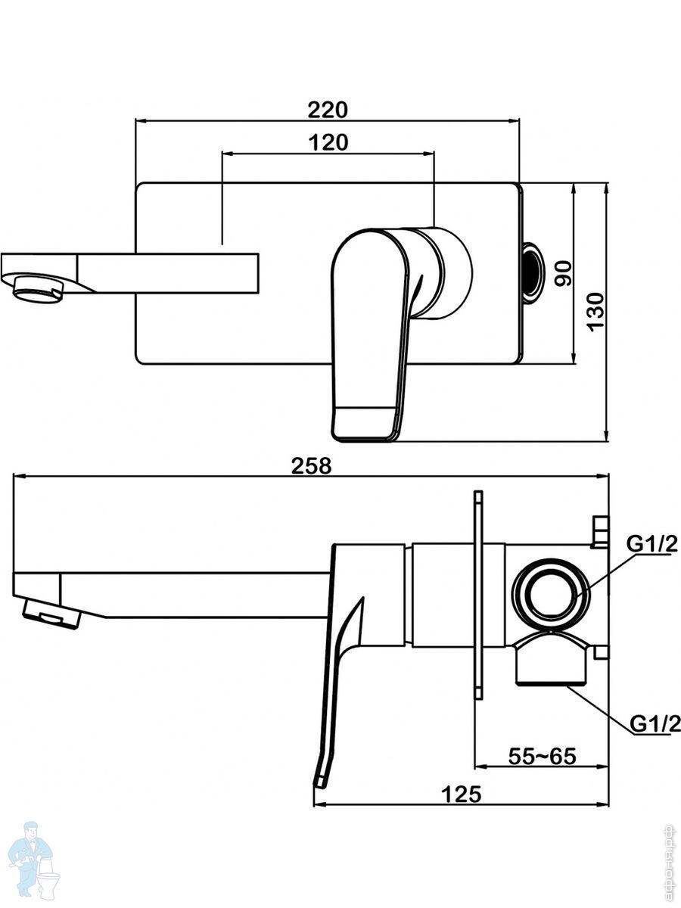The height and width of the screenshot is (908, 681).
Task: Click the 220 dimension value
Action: (x=327, y=110)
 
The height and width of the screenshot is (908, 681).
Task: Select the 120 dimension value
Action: (x=328, y=142)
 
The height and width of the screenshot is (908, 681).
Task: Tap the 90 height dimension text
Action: (x=561, y=273)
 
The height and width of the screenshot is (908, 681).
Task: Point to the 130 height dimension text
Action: (x=596, y=310)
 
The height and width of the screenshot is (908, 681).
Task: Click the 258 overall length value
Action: (x=311, y=466)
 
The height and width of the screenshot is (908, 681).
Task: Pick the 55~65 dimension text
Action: (x=542, y=756)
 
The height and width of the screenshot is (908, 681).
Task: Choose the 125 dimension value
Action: (x=461, y=794)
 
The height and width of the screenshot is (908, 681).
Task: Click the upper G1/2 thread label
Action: (x=651, y=544)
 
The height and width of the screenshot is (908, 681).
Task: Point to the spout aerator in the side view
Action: (x=53, y=611)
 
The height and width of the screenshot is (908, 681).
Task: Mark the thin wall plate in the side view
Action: (x=478, y=595)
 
